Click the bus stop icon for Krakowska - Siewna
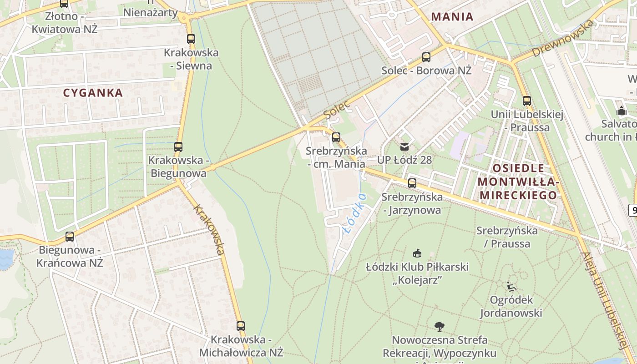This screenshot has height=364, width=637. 191,39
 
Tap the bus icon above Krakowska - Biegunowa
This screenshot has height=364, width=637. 178,147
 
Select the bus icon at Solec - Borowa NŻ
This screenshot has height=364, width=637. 426,57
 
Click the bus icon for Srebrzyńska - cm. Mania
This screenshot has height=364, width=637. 336,137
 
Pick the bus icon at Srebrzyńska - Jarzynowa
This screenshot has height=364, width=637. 412,183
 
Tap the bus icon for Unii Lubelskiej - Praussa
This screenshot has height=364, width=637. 526,101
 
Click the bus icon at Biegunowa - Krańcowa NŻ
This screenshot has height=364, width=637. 70,237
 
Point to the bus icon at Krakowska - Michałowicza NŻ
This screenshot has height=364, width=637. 241,326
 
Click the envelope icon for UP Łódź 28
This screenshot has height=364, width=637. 404,147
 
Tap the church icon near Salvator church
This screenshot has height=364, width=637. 621,111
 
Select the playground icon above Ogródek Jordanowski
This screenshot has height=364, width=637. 511,287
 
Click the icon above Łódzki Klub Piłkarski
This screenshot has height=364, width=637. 417,253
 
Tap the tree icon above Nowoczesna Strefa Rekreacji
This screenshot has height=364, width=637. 439,326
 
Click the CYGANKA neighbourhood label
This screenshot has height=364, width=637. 93,93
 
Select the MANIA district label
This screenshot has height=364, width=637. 452,17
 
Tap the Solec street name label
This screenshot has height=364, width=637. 337,109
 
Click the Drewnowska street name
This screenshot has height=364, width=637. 563,38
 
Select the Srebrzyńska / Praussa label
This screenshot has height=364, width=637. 507,237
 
